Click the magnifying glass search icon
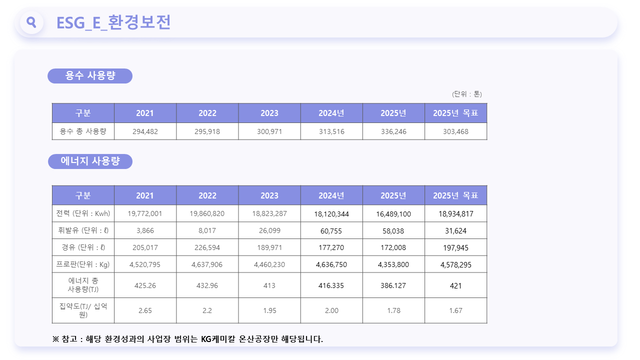point(31,22)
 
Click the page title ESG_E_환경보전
point(113,22)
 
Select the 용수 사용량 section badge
point(90,75)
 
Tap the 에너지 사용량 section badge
point(90,161)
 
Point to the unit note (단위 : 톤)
point(467,94)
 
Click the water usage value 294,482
point(145,131)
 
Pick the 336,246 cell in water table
point(393,131)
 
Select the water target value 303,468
point(455,131)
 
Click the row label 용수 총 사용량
point(83,131)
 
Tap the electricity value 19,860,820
point(207,213)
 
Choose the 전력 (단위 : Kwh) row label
point(83,213)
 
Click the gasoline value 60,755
point(331,231)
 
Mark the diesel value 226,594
point(207,247)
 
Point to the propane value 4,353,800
point(393,264)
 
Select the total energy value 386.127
point(393,285)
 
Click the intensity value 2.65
point(145,310)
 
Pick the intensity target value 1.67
point(455,310)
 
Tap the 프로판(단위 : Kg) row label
point(83,264)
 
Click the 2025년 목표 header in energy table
point(455,195)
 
